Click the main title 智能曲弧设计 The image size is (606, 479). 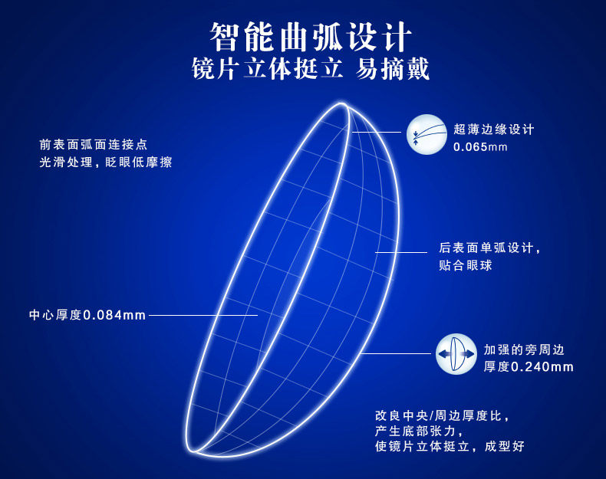(311, 37)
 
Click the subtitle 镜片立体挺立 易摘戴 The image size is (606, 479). (311, 69)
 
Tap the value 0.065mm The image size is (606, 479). (480, 147)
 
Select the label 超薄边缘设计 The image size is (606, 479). (493, 130)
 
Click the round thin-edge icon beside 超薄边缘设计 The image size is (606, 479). (427, 134)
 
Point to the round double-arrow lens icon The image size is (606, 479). (456, 354)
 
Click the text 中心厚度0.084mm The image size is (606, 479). (87, 315)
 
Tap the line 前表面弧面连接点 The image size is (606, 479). (93, 144)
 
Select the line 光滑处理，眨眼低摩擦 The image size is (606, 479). (106, 162)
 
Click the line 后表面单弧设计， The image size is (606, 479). (489, 248)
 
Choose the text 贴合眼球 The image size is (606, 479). (466, 265)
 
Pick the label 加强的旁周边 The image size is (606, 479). (524, 349)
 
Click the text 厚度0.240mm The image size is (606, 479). (529, 366)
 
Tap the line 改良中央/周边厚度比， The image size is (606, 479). (442, 415)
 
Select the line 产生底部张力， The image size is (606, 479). (419, 431)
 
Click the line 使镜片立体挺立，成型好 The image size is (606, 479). (450, 446)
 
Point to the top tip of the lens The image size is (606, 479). (341, 103)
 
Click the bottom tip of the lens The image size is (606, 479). (191, 451)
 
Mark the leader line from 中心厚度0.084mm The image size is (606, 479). (203, 315)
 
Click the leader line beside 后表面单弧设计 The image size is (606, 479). (401, 252)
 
